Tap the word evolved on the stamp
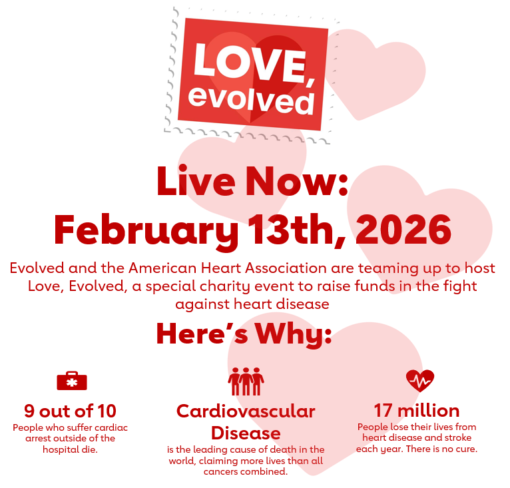tap(251, 99)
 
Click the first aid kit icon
tap(71, 381)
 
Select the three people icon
tap(246, 381)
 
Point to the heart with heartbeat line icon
tap(420, 381)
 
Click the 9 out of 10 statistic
tap(70, 410)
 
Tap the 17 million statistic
tap(416, 410)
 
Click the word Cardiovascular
tap(246, 411)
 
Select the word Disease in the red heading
tap(246, 433)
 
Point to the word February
tap(145, 230)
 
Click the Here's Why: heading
tap(244, 334)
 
